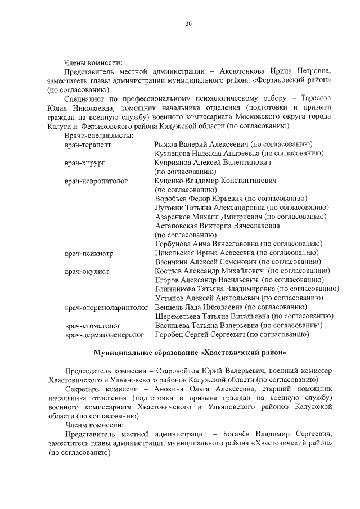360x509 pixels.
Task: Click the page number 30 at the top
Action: click(x=188, y=24)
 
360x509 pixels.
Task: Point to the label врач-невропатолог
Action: click(x=96, y=181)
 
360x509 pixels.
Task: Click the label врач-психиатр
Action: click(x=89, y=253)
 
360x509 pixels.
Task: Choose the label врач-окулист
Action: click(x=87, y=271)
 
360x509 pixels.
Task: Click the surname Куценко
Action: click(x=170, y=181)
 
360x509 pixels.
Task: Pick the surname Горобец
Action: click(x=170, y=335)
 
